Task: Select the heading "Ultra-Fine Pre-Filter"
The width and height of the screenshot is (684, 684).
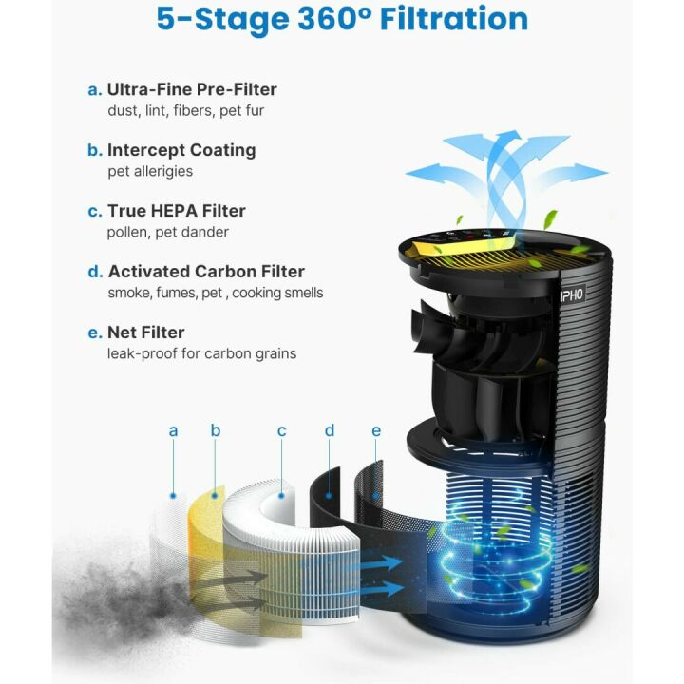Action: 192,89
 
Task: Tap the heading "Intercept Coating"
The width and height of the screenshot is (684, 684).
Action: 180,150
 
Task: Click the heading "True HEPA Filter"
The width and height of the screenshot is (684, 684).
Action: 176,211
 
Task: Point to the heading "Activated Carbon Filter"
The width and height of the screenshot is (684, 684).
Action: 206,272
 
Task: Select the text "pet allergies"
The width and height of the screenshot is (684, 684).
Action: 150,171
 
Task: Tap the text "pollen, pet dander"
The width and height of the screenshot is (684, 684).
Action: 167,232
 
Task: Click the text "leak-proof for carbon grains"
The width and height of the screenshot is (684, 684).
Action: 201,353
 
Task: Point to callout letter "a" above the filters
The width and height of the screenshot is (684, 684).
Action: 173,431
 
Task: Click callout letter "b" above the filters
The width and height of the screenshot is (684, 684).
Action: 216,431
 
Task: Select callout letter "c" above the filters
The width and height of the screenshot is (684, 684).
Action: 282,431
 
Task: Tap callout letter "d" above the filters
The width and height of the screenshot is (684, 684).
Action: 330,431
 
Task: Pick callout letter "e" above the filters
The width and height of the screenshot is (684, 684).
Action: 376,431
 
